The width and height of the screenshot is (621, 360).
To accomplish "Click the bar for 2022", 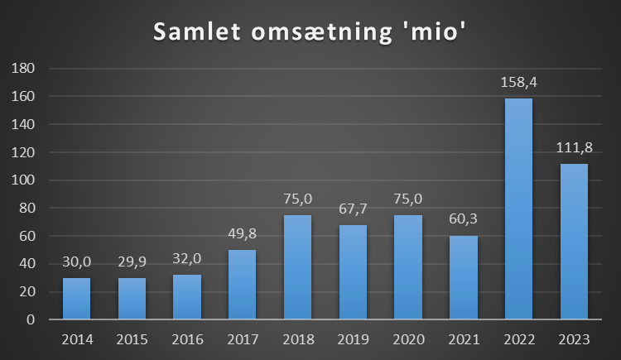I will [x=518, y=209].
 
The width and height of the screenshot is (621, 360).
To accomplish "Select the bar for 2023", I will [x=574, y=241].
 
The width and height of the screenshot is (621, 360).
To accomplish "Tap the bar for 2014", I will [x=77, y=298].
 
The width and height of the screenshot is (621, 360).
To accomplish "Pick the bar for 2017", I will [x=243, y=284].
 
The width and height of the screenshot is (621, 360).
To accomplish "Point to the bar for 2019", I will [x=353, y=271].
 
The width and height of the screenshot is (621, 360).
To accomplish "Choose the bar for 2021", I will [x=464, y=276].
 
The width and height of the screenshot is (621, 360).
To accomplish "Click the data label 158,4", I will [x=519, y=83].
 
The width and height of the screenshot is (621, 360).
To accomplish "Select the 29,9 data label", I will [x=132, y=263].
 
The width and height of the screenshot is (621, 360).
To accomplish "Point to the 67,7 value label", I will [x=353, y=210].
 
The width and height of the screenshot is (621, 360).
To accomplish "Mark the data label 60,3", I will [x=464, y=220].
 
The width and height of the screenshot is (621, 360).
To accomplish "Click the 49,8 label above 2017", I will [x=243, y=235].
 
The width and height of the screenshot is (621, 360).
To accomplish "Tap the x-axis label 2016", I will [x=187, y=338].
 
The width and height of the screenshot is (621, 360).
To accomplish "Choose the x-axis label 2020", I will [x=408, y=338].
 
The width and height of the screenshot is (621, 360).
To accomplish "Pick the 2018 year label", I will [x=298, y=338].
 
